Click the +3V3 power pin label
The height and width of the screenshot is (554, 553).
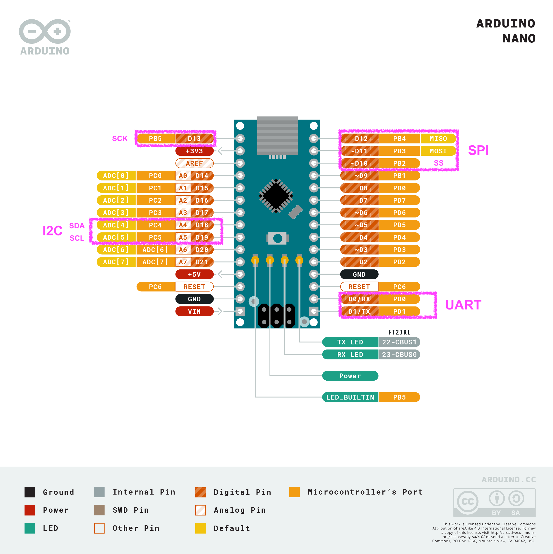click(x=194, y=151)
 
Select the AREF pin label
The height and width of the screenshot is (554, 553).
click(x=194, y=163)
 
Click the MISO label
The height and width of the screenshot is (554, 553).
click(x=438, y=138)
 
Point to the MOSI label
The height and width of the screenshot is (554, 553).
click(x=438, y=151)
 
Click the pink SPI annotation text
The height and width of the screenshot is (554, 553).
click(x=478, y=150)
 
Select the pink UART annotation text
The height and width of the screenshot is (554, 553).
click(x=463, y=305)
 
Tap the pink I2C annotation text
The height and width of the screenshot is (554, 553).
click(x=52, y=230)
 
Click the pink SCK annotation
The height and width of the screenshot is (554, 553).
click(x=120, y=138)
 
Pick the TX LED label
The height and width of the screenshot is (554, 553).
click(x=350, y=342)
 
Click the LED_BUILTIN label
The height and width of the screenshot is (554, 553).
click(x=350, y=397)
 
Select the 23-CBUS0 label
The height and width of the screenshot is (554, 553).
click(x=399, y=354)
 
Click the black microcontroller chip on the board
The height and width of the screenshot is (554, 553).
click(x=276, y=196)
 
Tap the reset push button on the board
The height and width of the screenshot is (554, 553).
click(x=277, y=238)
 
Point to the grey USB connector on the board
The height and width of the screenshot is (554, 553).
click(x=277, y=135)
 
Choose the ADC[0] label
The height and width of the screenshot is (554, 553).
click(x=116, y=176)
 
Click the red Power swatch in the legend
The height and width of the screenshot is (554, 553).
click(x=30, y=510)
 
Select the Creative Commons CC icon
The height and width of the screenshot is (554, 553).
click(x=467, y=501)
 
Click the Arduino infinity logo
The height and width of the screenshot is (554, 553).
click(x=45, y=31)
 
